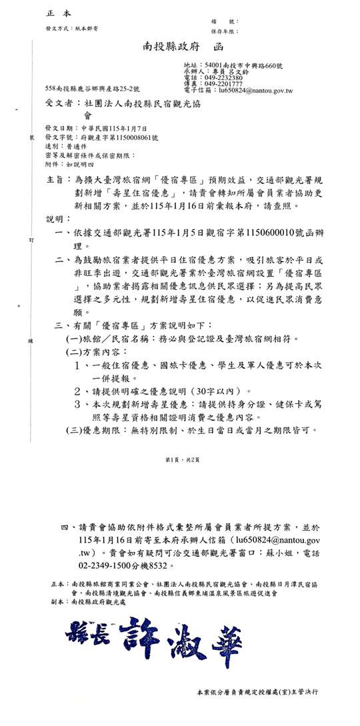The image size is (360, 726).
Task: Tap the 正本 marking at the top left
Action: (59, 13)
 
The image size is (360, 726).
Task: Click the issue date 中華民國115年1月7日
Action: (104, 127)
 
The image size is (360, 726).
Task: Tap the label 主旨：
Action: (57, 181)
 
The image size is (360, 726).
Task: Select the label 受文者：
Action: (61, 103)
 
